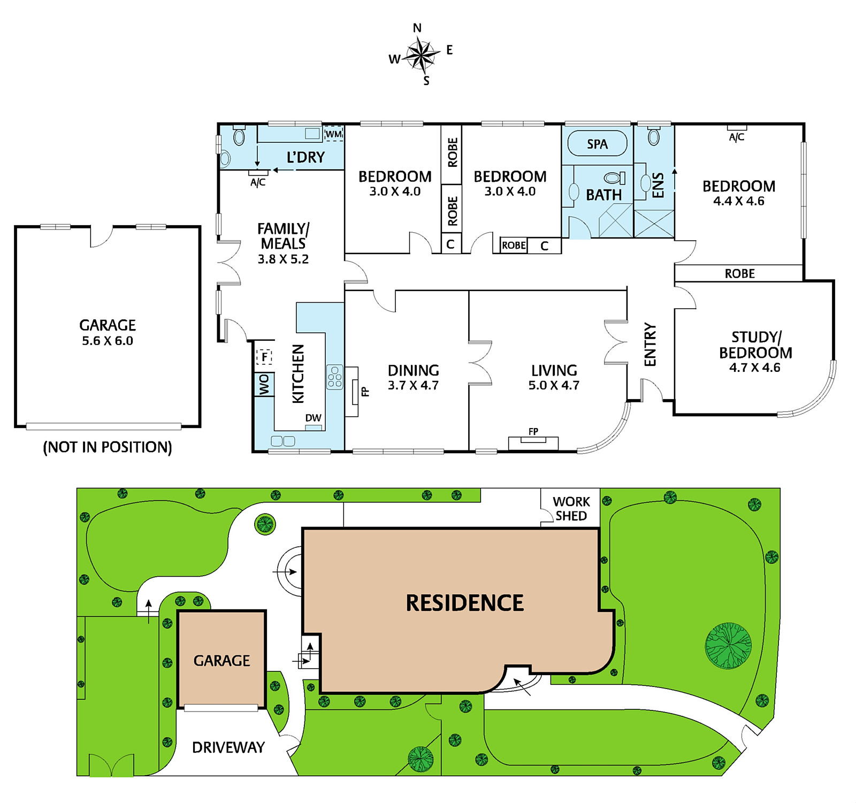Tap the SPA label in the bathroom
pyautogui.click(x=597, y=144)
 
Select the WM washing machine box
pyautogui.click(x=333, y=134)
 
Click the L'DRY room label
pyautogui.click(x=305, y=157)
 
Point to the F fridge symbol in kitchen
pyautogui.click(x=264, y=356)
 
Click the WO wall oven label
pyautogui.click(x=264, y=385)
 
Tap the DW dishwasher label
pyautogui.click(x=314, y=418)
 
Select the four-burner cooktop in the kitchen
pyautogui.click(x=335, y=377)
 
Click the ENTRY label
pyautogui.click(x=650, y=345)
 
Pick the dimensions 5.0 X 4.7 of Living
pyautogui.click(x=554, y=385)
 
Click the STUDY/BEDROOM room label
pyautogui.click(x=755, y=345)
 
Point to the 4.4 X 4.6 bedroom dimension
pyautogui.click(x=739, y=201)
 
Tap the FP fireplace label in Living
pyautogui.click(x=533, y=431)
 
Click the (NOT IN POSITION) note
pyautogui.click(x=108, y=447)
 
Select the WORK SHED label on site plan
pyautogui.click(x=571, y=509)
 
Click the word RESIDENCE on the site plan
pyautogui.click(x=465, y=603)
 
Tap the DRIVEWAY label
pyautogui.click(x=228, y=747)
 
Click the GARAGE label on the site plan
pyautogui.click(x=221, y=661)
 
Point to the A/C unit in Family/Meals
pyautogui.click(x=258, y=173)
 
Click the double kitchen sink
pyautogui.click(x=283, y=441)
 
